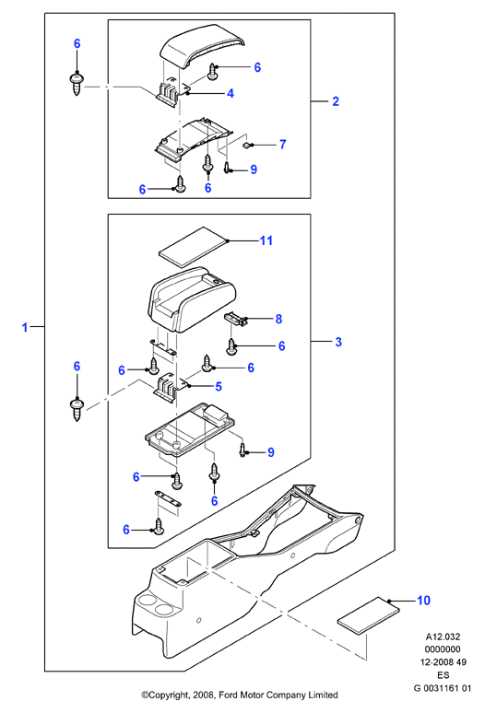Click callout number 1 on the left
(25, 327)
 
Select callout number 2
(336, 101)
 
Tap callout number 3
(338, 342)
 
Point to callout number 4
(231, 93)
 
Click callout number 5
(219, 387)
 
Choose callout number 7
(282, 144)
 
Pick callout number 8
(278, 319)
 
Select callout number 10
(423, 601)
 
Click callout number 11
(266, 240)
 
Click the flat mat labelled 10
(369, 615)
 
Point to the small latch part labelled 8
(236, 319)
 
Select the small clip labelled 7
(247, 145)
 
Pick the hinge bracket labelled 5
(169, 388)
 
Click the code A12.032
(443, 637)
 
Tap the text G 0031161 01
(443, 688)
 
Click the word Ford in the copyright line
(229, 695)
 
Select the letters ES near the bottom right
(443, 675)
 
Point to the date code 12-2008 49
(443, 662)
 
